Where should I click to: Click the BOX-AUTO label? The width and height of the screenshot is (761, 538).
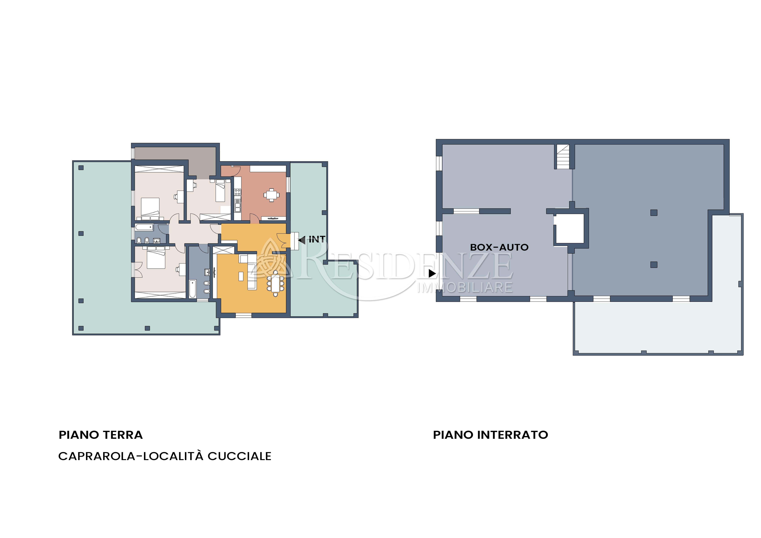(499, 247)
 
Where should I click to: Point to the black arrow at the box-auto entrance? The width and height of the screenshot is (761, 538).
(432, 273)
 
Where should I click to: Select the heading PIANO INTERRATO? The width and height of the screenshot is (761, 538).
(491, 435)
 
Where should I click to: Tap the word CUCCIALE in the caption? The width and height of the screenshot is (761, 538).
(239, 456)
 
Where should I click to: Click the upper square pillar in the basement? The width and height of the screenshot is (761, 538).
(654, 213)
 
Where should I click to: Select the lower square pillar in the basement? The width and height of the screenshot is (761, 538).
(654, 264)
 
